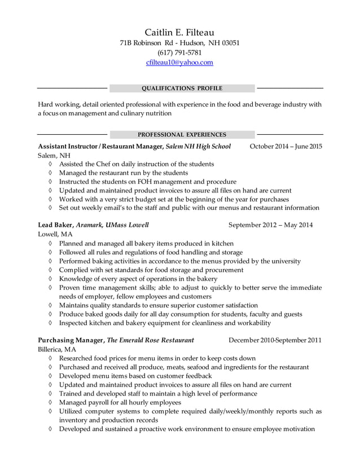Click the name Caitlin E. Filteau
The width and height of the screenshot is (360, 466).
(x=179, y=32)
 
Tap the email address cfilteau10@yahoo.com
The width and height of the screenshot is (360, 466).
(x=179, y=63)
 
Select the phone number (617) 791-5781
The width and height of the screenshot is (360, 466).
(x=179, y=52)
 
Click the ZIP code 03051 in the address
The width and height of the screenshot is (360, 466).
(x=229, y=42)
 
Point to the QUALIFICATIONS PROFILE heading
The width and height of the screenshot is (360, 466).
(x=182, y=89)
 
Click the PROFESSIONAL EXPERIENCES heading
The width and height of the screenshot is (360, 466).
(x=182, y=135)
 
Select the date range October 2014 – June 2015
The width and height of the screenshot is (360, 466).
(x=286, y=147)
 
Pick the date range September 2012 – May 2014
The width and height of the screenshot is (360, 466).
(x=270, y=225)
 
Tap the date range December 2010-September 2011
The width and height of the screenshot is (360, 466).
(x=275, y=340)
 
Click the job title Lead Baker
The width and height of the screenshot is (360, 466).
(x=55, y=225)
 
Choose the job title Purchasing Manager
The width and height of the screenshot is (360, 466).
(x=71, y=340)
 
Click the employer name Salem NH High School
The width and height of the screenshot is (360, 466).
(x=199, y=147)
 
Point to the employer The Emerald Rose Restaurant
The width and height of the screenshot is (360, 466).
(x=151, y=340)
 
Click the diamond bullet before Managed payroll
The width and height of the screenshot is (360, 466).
(x=51, y=403)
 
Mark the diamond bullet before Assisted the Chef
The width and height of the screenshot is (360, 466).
(x=51, y=164)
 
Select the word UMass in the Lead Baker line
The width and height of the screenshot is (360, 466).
(x=121, y=225)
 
